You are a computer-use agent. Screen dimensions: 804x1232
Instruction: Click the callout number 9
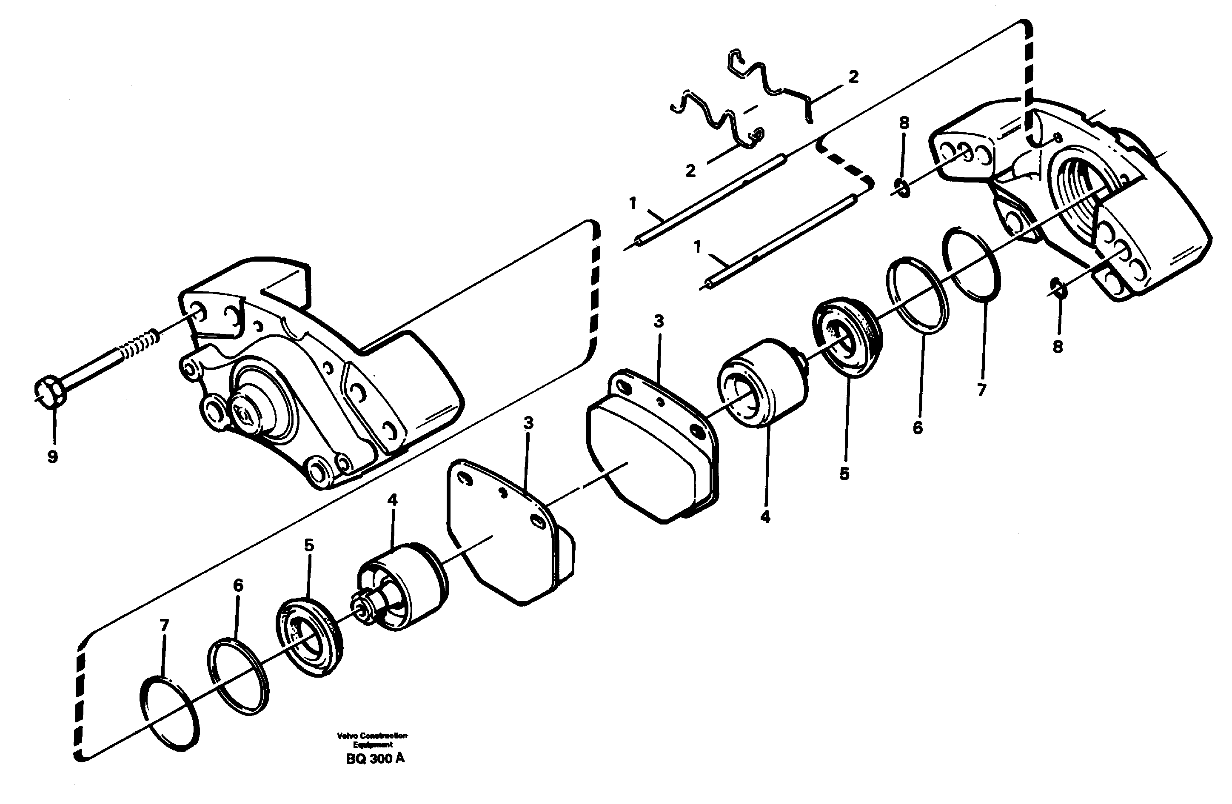click(x=52, y=457)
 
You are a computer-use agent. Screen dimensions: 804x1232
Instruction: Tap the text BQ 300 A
click(x=375, y=758)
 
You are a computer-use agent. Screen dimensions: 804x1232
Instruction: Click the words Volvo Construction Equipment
click(x=372, y=740)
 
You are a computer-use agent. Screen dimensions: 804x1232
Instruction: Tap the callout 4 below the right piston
click(x=765, y=517)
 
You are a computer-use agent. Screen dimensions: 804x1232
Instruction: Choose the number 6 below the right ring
click(x=917, y=428)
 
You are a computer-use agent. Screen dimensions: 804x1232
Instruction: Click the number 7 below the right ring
click(x=982, y=390)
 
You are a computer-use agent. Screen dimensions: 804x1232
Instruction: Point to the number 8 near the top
click(x=904, y=123)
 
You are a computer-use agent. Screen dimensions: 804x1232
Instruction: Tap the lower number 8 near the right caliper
click(x=1058, y=347)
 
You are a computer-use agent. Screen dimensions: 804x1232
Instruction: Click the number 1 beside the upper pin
click(x=633, y=203)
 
